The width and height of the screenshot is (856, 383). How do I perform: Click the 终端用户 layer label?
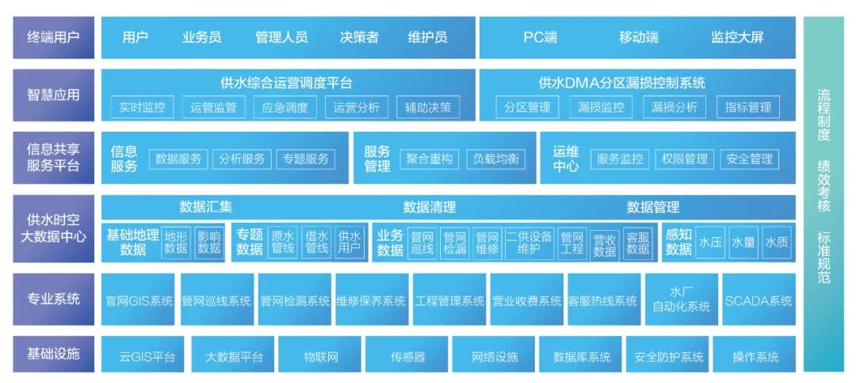tap(54, 37)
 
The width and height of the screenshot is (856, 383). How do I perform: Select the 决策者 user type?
tap(359, 37)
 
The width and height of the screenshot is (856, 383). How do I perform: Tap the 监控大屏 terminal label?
tap(737, 37)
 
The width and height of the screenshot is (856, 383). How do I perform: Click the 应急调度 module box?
tap(285, 107)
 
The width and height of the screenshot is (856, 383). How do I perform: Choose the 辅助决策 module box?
tap(428, 107)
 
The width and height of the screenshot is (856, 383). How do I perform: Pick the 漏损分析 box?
tap(674, 107)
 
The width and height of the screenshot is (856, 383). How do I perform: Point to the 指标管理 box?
tap(748, 107)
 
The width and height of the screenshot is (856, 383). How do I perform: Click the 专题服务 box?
tap(306, 159)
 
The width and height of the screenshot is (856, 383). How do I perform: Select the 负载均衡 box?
tap(495, 159)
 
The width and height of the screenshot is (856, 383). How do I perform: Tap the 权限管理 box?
tap(685, 159)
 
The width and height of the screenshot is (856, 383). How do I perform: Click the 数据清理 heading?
tap(430, 207)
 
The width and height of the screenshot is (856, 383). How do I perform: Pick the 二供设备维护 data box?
tap(529, 243)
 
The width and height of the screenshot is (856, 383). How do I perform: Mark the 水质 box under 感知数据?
tap(776, 243)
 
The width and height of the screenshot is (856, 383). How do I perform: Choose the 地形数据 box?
tap(176, 243)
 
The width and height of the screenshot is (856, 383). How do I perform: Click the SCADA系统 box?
tap(759, 300)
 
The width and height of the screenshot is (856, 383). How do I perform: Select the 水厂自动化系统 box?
tap(682, 300)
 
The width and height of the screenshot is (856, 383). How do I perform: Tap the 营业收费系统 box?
tap(527, 300)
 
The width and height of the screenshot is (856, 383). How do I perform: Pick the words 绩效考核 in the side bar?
tap(824, 186)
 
